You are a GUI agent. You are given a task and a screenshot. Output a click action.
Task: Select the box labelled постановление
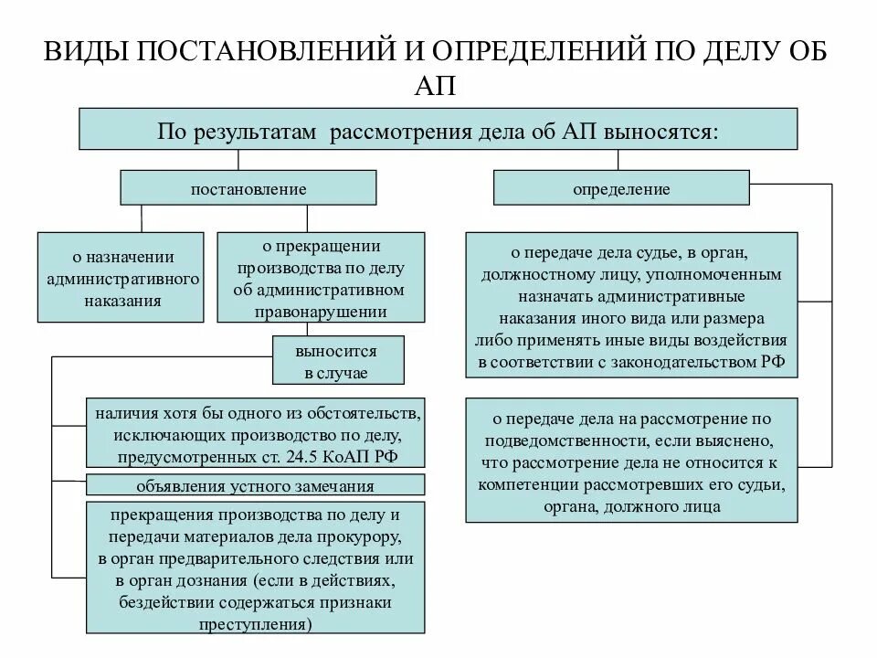(248, 189)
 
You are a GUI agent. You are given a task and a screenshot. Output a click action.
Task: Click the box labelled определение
(621, 189)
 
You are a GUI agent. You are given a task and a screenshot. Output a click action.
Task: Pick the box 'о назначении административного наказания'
(121, 277)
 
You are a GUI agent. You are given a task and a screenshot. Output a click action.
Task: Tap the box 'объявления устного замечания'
(255, 485)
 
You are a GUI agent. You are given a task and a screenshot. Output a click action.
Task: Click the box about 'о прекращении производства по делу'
(320, 277)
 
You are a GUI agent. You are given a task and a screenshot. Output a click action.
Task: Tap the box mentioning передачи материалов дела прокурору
(255, 568)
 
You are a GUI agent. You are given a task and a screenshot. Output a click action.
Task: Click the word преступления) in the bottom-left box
(255, 625)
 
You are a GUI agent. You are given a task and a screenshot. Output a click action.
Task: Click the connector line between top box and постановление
(239, 161)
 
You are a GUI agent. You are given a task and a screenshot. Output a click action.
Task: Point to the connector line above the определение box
(619, 161)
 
